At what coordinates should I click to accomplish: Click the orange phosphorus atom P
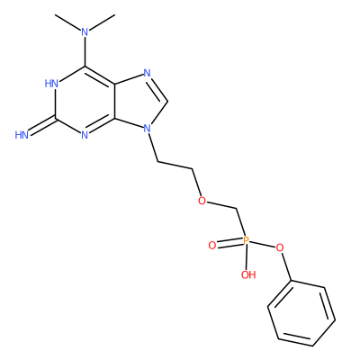246,240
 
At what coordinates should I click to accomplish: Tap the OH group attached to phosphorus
248,274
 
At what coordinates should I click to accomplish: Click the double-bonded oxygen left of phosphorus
212,246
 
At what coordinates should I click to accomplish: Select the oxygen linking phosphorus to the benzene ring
280,248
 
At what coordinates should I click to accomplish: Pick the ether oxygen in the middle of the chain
202,201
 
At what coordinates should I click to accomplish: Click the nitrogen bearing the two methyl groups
85,31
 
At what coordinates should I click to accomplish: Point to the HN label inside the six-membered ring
51,84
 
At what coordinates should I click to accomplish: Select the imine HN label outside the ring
22,135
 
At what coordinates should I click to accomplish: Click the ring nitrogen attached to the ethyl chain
147,129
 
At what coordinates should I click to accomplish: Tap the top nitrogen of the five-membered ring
147,73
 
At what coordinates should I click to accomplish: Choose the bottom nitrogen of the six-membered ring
85,135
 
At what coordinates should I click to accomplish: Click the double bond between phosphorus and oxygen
229,243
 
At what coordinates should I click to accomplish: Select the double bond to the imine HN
42,124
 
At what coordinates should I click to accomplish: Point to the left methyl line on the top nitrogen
68,22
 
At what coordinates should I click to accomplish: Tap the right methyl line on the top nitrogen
102,22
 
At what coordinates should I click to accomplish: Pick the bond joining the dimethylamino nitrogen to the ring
85,51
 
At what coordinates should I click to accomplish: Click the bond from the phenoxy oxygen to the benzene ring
286,266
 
